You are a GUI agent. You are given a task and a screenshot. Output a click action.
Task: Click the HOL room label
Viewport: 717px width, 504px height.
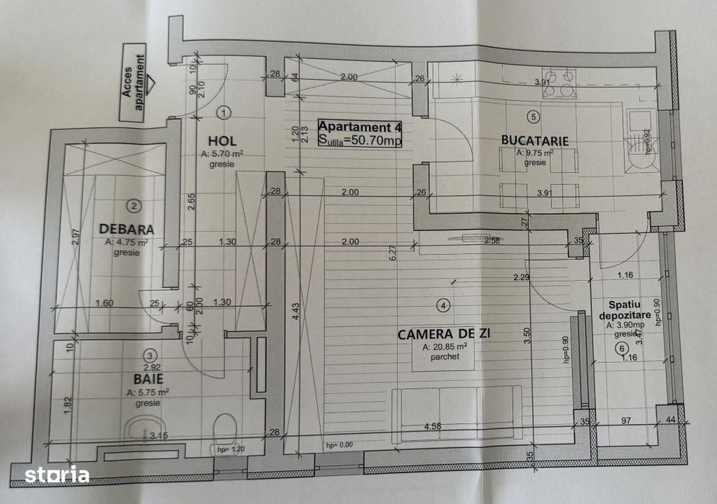click(x=223, y=140)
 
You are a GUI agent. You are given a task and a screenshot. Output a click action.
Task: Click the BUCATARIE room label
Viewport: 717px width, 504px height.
click(x=535, y=141)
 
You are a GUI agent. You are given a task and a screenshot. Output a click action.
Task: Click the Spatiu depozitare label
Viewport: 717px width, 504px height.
click(x=623, y=310)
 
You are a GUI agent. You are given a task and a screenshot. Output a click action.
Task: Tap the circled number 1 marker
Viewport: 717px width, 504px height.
click(x=223, y=112)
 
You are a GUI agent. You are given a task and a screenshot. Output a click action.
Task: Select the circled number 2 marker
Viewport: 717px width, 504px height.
click(x=133, y=206)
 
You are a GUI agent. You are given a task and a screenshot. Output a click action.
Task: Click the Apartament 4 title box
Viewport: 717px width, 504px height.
click(x=360, y=133)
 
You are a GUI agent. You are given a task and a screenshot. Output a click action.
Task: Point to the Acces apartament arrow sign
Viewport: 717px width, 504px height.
click(x=136, y=85)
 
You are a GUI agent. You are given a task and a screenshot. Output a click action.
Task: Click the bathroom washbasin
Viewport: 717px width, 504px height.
click(x=146, y=431)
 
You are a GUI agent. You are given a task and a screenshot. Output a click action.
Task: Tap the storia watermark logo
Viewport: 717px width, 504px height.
click(x=58, y=475)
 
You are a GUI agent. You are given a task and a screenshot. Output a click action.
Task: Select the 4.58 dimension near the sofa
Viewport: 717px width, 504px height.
click(x=432, y=426)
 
